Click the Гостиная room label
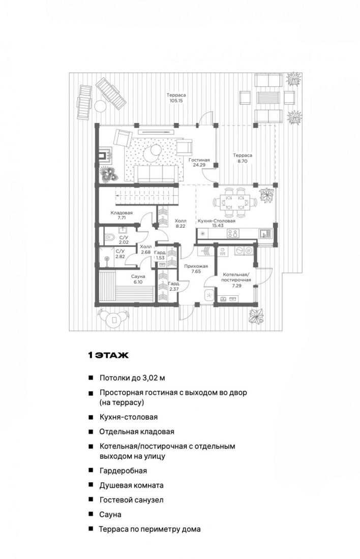[199, 160]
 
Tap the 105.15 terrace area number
[176, 101]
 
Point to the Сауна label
[138, 276]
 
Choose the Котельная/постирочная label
[236, 277]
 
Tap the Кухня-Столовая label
[217, 221]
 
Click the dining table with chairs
[235, 202]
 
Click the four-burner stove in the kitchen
[233, 234]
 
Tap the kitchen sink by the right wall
[264, 233]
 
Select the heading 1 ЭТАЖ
[108, 355]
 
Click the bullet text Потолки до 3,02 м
[132, 378]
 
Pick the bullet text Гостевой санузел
[131, 500]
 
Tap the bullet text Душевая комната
[131, 485]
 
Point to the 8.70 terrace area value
[243, 161]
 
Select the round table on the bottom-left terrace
[113, 320]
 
